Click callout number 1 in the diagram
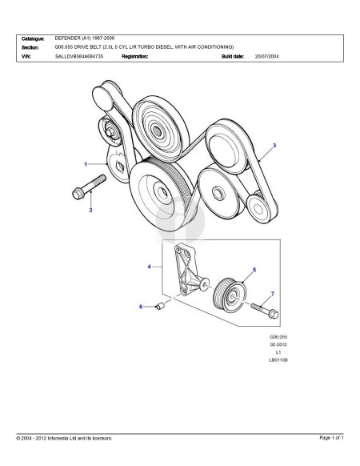click(x=86, y=164)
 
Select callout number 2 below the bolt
click(x=90, y=210)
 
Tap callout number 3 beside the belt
click(x=274, y=146)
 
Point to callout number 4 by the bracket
click(x=149, y=267)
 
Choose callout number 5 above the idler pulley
click(x=254, y=270)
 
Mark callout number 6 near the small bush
click(x=141, y=307)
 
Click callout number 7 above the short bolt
click(x=273, y=294)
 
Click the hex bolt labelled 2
click(x=89, y=187)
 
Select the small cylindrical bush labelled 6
click(x=160, y=305)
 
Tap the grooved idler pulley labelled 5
click(x=230, y=295)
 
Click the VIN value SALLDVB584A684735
click(x=79, y=56)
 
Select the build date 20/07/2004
click(x=266, y=56)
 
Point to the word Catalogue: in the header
click(x=33, y=38)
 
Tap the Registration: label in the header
click(x=135, y=56)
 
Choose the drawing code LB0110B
click(x=278, y=360)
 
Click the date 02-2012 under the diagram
click(x=278, y=344)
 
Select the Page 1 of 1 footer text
click(x=331, y=437)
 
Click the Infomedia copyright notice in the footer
click(x=65, y=438)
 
